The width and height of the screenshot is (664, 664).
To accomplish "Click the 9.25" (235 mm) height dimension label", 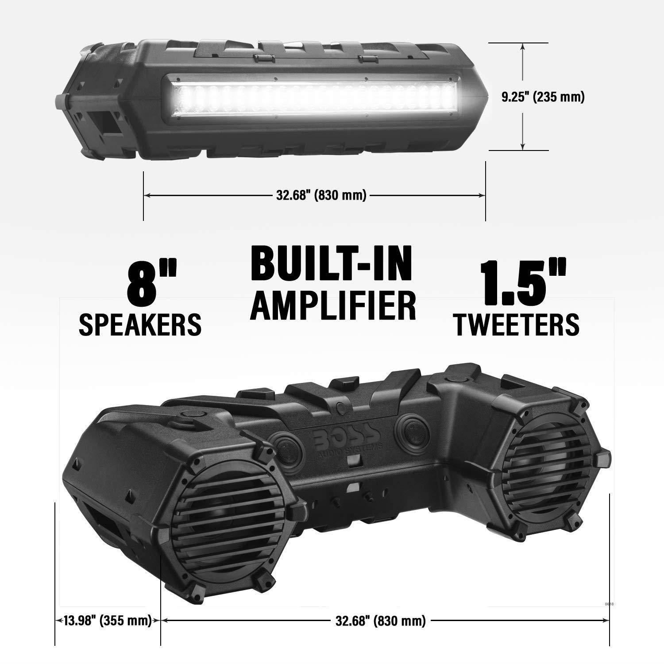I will (x=543, y=97).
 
